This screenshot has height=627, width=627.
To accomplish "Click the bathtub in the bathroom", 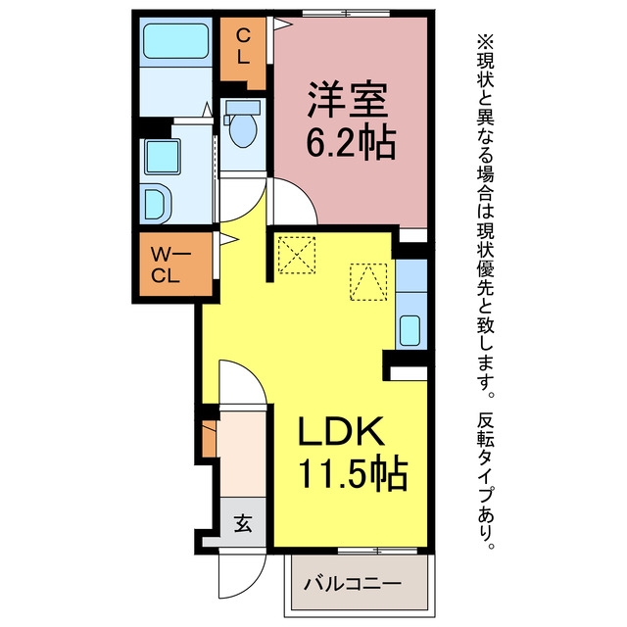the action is pos(176,41).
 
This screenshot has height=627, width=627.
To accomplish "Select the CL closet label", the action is pos(243,47).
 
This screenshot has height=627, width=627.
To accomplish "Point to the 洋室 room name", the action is pos(347,100).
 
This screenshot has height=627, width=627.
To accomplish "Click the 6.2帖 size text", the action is pos(351,143).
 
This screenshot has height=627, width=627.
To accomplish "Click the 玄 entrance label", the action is pos(243,522).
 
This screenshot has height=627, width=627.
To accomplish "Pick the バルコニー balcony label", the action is pos(353,584).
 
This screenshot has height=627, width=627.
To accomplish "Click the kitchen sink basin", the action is pos(410,330).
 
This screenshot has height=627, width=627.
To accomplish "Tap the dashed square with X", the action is pos(296,255).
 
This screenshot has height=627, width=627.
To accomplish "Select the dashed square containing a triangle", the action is pos(368,282).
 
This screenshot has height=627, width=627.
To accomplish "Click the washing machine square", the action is pos(162,157).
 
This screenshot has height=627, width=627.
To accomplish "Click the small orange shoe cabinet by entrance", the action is pos(209,438).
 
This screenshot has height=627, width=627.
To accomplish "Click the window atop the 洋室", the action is pos(346,14).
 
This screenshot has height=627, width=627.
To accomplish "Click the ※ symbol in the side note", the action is pos(486,42).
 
